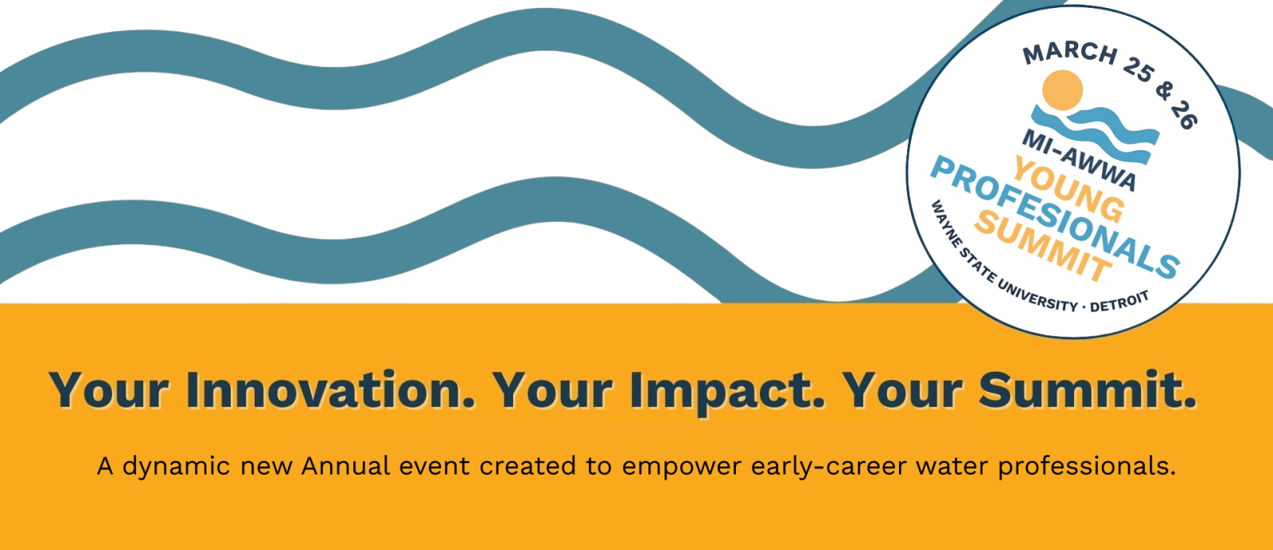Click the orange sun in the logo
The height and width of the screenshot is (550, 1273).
[x=1062, y=90]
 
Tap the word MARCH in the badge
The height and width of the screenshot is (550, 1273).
[x=1070, y=54]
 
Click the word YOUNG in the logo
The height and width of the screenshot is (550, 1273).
[x=1069, y=190]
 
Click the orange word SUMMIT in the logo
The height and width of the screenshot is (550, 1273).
[x=1043, y=246]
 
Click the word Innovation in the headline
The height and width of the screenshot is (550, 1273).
[x=330, y=390]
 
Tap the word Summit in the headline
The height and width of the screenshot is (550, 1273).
[x=1087, y=390]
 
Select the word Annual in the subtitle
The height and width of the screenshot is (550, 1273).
[x=345, y=466]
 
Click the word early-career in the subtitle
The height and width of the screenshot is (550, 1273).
[x=828, y=467]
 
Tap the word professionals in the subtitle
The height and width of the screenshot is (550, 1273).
[x=1087, y=467]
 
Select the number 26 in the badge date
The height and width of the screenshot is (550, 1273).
[x=1184, y=115]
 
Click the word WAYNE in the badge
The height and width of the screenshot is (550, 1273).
[x=944, y=224]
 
